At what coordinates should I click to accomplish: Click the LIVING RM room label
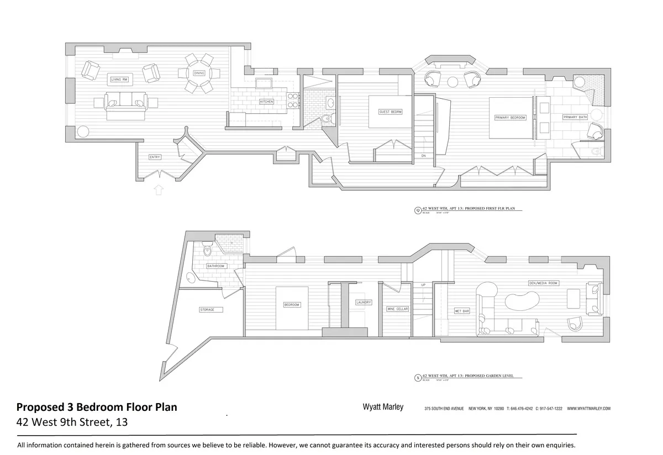(119, 80)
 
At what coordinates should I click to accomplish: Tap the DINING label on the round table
(199, 73)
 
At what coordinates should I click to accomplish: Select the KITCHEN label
(266, 102)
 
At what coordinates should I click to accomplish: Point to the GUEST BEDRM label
(390, 112)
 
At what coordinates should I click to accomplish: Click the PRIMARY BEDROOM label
(510, 118)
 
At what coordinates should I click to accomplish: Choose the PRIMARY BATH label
(574, 117)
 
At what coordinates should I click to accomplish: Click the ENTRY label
(155, 157)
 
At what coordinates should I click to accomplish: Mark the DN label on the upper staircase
(423, 156)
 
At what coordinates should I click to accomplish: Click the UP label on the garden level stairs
(423, 285)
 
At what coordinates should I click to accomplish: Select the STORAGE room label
(207, 310)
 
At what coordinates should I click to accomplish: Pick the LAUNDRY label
(364, 303)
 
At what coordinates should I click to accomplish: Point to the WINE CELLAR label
(397, 309)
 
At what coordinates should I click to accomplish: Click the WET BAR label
(461, 311)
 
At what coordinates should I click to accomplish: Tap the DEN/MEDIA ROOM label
(543, 283)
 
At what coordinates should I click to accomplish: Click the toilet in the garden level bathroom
(207, 251)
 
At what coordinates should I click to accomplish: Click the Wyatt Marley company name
(382, 408)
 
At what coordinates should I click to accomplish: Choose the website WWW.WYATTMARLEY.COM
(588, 409)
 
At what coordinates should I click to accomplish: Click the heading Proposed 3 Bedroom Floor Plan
(97, 408)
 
